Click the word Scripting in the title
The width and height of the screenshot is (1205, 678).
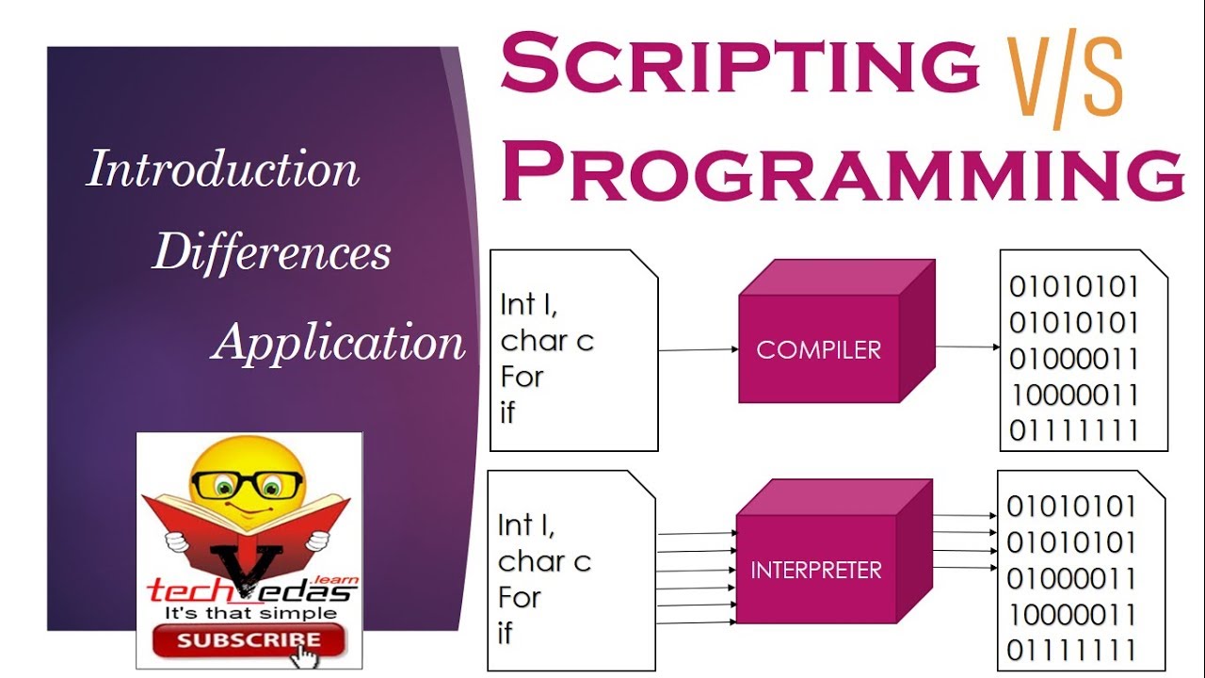point(739,65)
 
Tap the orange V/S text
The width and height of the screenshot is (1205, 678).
point(1065,83)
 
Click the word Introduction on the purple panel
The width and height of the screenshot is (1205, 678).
point(223,170)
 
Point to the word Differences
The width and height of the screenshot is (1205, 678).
point(271,252)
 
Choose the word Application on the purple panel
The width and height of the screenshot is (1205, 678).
point(339,341)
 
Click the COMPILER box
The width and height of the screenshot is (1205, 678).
point(818,349)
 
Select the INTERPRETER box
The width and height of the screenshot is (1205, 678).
point(815,570)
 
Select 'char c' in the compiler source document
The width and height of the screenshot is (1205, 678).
point(547,340)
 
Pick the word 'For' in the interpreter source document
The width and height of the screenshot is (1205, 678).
point(521,597)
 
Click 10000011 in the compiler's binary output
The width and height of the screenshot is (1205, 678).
point(1074,395)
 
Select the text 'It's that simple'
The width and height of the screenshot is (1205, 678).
point(250,613)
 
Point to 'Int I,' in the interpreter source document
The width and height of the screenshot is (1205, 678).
point(527,525)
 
